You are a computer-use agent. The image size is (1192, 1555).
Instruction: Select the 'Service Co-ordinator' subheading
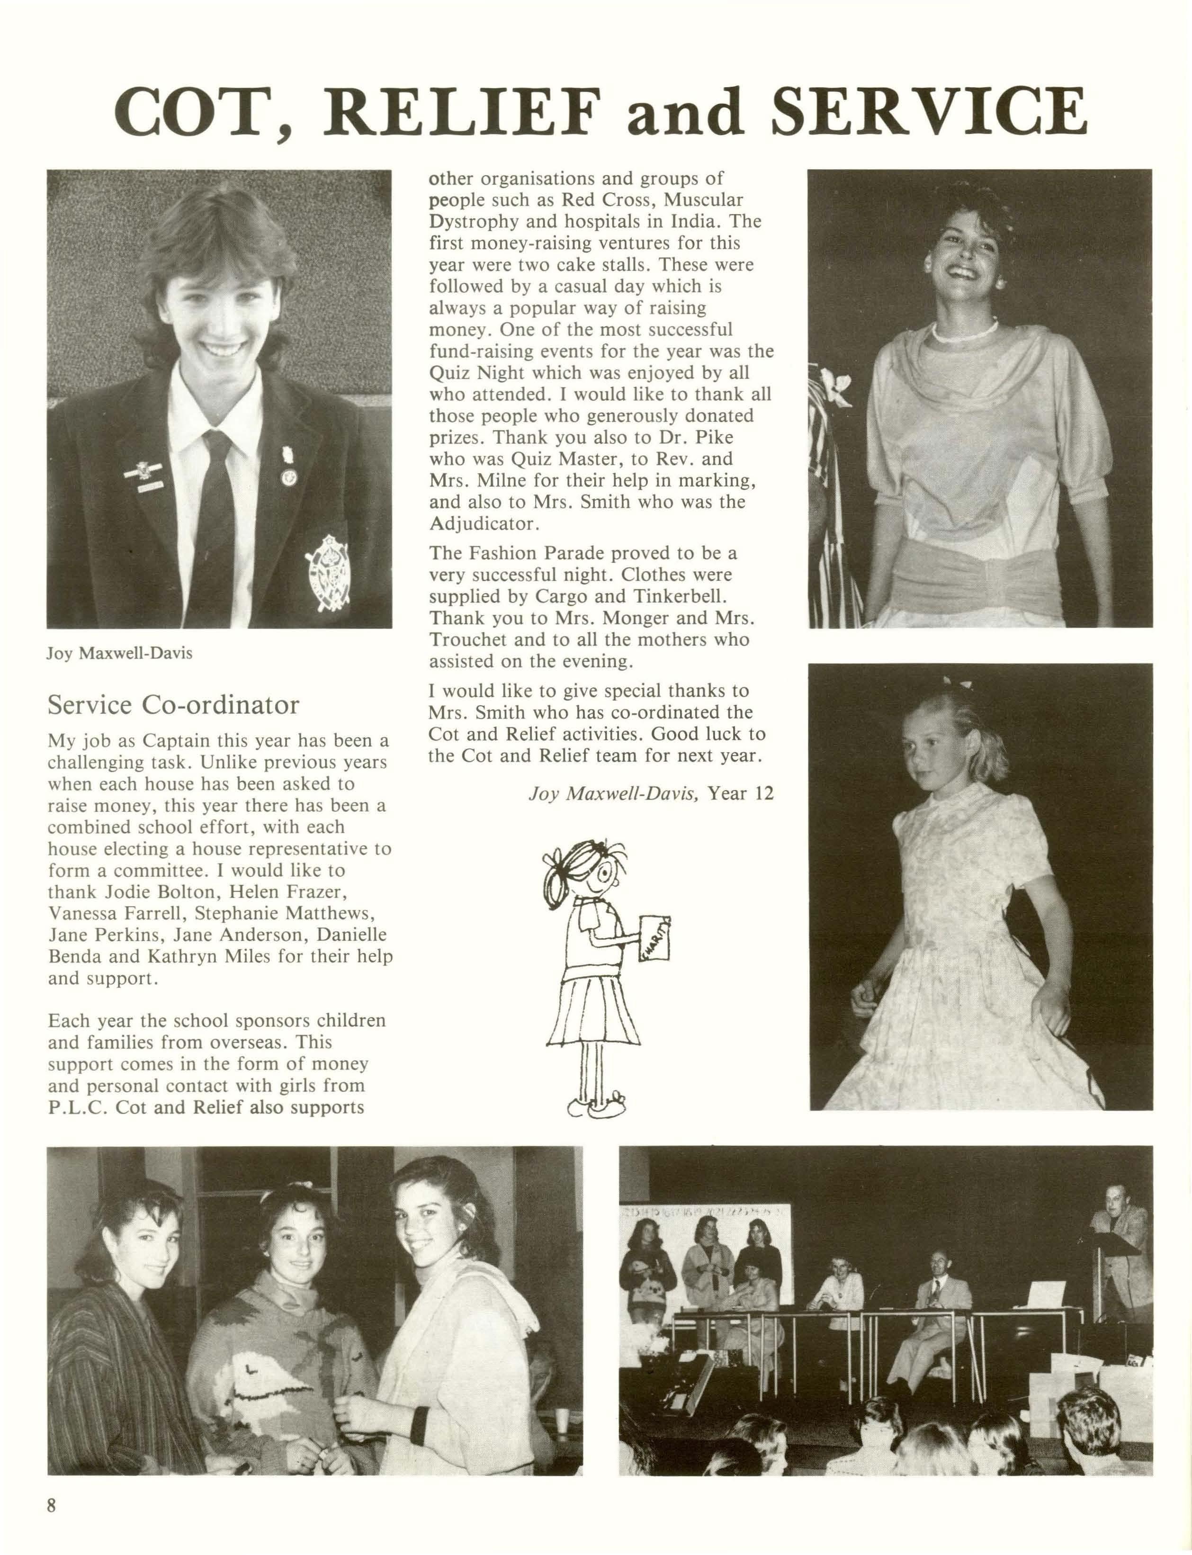tap(173, 705)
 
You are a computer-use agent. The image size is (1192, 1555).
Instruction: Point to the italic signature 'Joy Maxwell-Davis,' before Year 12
tap(614, 793)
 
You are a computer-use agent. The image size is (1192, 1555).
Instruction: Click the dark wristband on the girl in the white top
tap(419, 1404)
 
